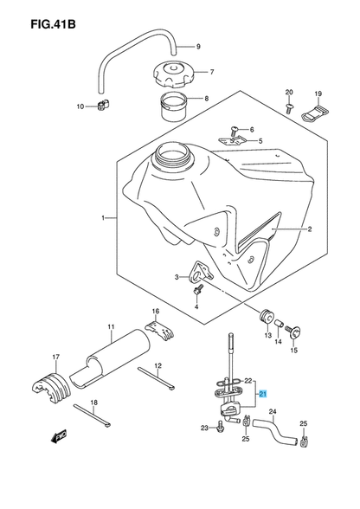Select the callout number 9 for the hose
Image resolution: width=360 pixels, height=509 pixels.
pyautogui.click(x=198, y=46)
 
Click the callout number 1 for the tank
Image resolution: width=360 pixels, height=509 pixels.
pyautogui.click(x=103, y=219)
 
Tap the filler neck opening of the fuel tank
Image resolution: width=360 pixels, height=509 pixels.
pyautogui.click(x=171, y=158)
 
